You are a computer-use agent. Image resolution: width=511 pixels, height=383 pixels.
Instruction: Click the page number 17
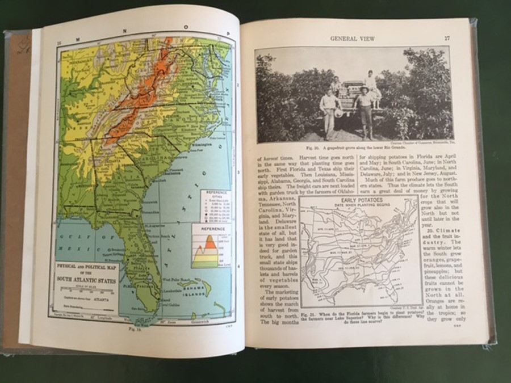pyautogui.click(x=447, y=38)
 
